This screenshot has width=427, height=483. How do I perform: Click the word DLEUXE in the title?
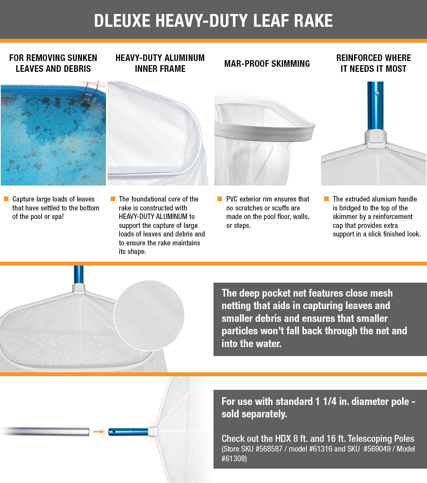122,21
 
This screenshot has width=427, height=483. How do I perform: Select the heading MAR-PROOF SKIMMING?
267,64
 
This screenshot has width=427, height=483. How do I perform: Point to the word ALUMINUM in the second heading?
184,58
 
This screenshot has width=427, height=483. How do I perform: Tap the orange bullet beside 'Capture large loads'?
7,199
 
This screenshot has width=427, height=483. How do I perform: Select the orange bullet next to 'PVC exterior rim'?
220,199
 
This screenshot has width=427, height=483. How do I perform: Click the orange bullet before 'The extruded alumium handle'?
326,199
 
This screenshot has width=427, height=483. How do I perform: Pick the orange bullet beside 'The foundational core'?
113,199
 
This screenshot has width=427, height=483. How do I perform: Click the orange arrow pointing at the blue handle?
99,432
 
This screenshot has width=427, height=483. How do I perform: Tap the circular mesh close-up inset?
149,316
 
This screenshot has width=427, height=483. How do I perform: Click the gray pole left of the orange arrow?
45,432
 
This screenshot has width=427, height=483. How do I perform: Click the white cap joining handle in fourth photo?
376,138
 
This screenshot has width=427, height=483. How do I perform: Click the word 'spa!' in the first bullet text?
58,217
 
